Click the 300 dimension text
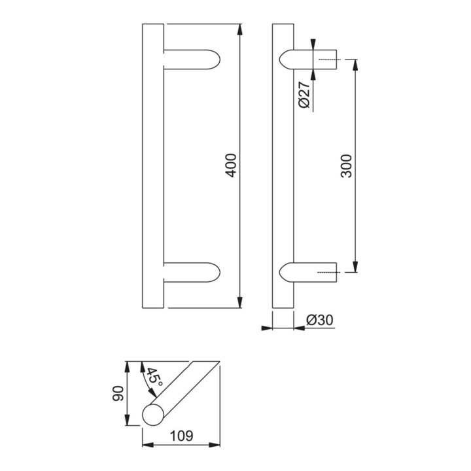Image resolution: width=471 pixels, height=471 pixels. coord(347,166)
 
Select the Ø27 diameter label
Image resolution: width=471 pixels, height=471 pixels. coord(305,96)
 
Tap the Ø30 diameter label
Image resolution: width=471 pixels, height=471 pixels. coord(320,321)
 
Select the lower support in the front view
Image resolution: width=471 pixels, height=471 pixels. coord(191,273)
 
